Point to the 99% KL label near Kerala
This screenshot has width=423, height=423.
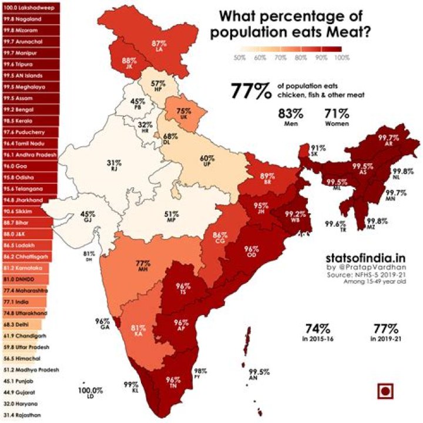[130, 387]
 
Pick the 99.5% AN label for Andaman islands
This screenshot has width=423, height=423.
[258, 375]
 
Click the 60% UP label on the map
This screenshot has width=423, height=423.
[207, 161]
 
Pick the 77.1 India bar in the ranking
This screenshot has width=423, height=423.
[23, 302]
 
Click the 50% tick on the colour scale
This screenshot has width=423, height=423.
[239, 58]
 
